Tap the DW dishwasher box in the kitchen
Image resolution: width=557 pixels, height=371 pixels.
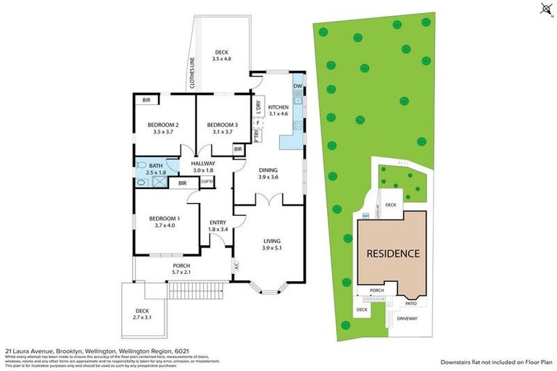click(297, 87)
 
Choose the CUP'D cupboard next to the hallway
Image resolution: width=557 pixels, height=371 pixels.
click(206, 181)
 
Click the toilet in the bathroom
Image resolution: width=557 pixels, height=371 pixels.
click(141, 165)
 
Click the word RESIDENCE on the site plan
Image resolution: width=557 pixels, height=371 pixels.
click(392, 254)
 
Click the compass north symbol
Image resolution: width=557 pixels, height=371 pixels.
click(544, 9)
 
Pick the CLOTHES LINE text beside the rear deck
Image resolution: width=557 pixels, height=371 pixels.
click(193, 72)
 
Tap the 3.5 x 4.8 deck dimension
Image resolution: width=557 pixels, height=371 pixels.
click(221, 59)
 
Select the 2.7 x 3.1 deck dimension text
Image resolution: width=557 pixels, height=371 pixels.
click(144, 317)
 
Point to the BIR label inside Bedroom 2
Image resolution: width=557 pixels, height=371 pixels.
click(146, 100)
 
